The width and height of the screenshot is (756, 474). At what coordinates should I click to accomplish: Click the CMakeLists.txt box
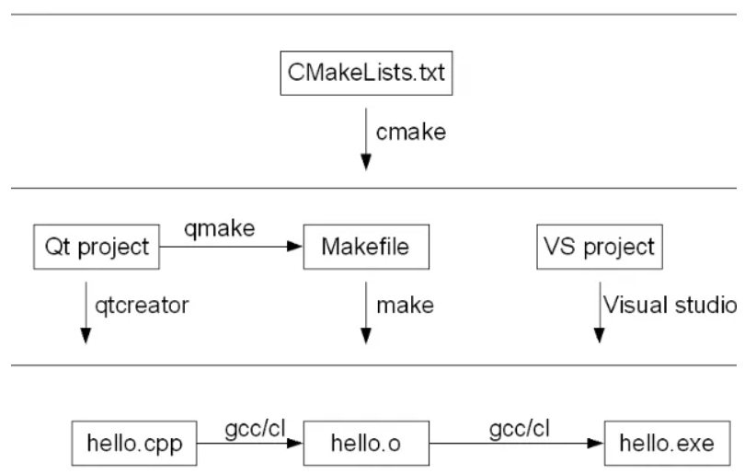tap(366, 73)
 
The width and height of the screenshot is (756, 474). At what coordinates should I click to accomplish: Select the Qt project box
tap(97, 247)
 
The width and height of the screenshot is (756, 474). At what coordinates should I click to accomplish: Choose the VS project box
tap(600, 247)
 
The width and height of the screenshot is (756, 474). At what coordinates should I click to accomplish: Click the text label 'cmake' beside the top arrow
tap(410, 132)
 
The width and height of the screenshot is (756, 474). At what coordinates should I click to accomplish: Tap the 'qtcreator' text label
tap(138, 304)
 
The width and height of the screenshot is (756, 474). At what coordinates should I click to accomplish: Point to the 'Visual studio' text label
tap(669, 304)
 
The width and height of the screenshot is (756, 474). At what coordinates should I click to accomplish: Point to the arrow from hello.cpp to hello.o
tap(249, 444)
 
